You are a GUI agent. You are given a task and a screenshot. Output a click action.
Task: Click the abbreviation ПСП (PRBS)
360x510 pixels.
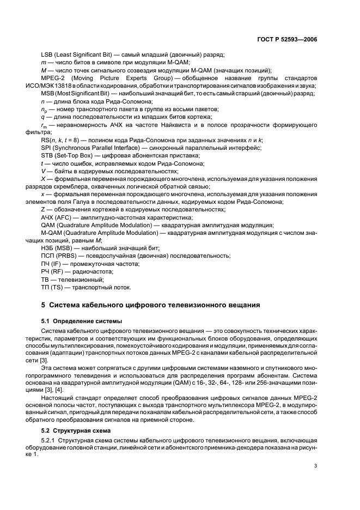click(63, 256)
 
